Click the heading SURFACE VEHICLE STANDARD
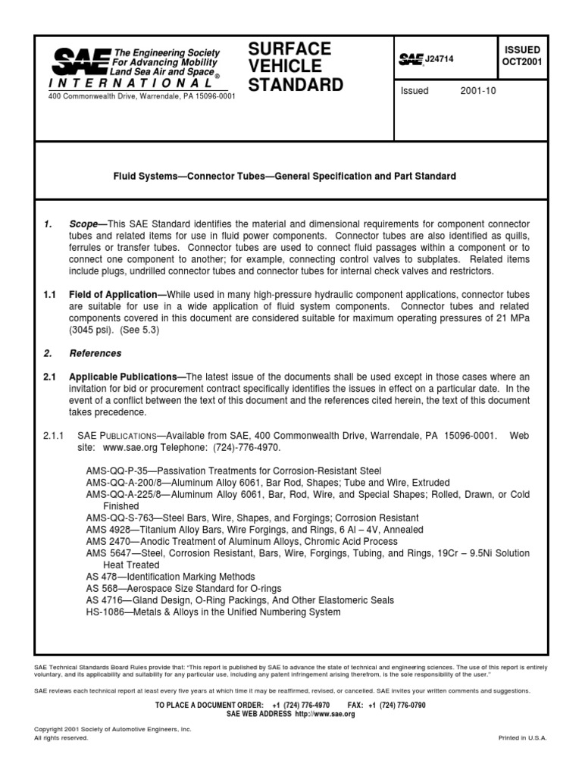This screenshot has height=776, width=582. (296, 66)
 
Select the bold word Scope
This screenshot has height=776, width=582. (86, 225)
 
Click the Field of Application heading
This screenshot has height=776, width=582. (117, 294)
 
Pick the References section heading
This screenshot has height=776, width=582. (95, 353)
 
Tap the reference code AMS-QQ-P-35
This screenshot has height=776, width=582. (117, 471)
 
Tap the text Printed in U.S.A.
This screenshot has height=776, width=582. (522, 737)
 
